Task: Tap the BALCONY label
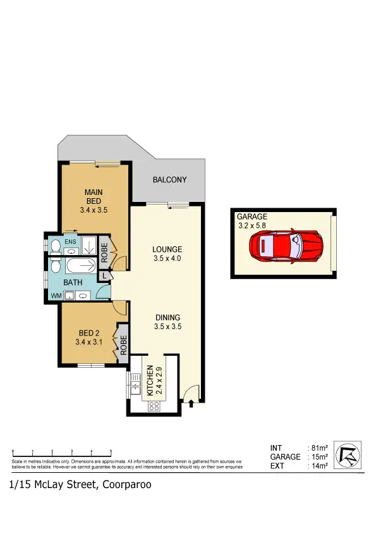click(x=170, y=180)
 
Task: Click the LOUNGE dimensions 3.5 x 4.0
click(x=167, y=258)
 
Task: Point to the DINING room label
click(x=167, y=318)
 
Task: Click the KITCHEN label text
click(x=150, y=380)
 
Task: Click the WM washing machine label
click(x=56, y=296)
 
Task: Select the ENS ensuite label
click(x=70, y=242)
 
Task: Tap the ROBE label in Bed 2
click(x=124, y=345)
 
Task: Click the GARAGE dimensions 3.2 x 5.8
click(x=252, y=225)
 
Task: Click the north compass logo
click(x=349, y=455)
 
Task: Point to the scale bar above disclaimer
click(x=62, y=451)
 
